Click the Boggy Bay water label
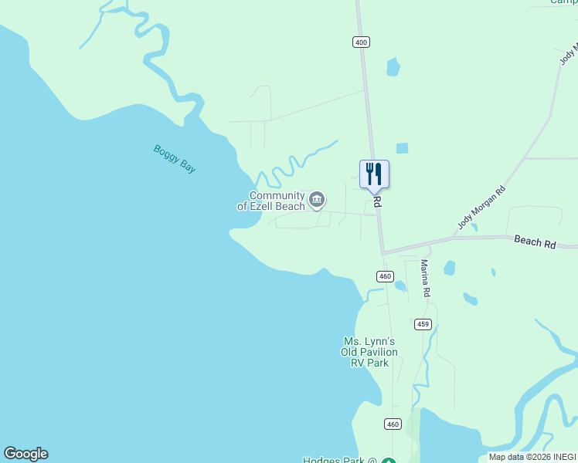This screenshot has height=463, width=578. pos(174,159)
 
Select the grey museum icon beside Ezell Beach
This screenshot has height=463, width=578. pos(317,201)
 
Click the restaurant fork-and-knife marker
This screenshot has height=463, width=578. pos(374,174)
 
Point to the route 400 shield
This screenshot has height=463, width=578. pos(361,42)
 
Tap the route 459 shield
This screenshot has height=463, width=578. pos(422,324)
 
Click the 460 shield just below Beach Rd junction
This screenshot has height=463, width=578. pos(386,276)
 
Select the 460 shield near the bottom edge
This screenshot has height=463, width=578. pos(393,424)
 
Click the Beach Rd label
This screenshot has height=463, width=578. pos(535,242)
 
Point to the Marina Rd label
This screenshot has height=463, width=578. pos(425,279)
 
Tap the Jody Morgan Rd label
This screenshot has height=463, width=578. pos(481,208)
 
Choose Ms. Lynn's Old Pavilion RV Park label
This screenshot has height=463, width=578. pos(369,352)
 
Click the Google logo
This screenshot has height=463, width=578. pos(25,454)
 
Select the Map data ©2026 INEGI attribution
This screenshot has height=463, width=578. pos(532,457)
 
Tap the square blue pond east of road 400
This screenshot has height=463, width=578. pos(402,148)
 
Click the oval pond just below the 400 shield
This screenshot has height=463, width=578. pos(393,67)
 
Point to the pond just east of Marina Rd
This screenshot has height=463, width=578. pos(450,269)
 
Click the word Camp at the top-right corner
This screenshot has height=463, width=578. pos(564,2)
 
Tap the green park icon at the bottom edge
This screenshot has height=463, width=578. pos(388,461)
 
